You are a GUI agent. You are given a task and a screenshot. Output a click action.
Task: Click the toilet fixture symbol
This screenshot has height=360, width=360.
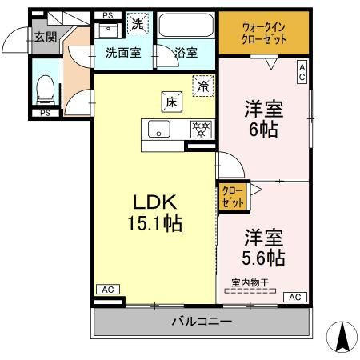click(45, 90)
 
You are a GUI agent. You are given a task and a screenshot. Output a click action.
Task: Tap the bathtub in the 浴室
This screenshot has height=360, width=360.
click(186, 25)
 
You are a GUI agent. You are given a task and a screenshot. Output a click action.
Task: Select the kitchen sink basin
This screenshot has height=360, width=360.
click(159, 129)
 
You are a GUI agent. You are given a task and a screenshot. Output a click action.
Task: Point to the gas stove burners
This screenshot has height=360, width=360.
click(201, 130)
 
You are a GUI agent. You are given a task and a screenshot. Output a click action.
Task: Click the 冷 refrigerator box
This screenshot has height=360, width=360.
click(203, 86)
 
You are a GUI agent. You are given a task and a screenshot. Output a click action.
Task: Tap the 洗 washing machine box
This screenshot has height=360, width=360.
click(138, 23)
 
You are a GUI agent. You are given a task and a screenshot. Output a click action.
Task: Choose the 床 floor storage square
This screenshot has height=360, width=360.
click(172, 102)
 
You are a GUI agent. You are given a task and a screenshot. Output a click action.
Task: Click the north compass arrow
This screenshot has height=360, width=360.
click(342, 337)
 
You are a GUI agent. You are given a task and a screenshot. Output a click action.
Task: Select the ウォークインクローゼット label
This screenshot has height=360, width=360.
click(263, 33)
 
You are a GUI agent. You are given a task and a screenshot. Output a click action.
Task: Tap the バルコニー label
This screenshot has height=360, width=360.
click(202, 322)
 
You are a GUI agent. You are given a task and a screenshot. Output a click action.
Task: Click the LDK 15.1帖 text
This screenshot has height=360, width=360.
click(155, 213)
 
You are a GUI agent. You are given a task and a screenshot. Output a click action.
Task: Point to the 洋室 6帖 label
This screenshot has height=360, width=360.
click(263, 119)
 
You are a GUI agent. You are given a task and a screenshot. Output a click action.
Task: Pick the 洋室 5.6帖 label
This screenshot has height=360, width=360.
click(263, 247)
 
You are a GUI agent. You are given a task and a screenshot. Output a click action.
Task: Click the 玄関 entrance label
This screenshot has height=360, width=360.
click(46, 37)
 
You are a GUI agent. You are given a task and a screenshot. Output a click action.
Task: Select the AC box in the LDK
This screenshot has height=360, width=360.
click(108, 289)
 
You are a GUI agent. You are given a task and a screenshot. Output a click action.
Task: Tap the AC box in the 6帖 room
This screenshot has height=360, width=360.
click(302, 72)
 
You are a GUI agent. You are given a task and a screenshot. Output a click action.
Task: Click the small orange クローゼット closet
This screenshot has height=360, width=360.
click(233, 198)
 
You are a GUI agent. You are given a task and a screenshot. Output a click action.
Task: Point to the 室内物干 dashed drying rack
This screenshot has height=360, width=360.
click(250, 290)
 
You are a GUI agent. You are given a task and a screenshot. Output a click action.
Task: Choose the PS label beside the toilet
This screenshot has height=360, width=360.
click(46, 113)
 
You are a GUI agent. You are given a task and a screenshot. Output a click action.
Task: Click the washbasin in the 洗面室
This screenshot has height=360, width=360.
click(109, 30)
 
